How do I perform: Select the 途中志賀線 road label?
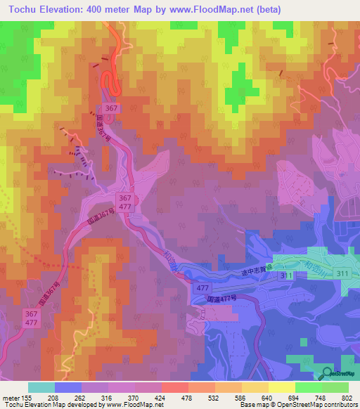point(256,278)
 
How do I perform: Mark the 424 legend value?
point(169,397)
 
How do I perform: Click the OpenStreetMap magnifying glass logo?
point(327,373)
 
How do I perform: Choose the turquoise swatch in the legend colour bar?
point(41,387)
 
